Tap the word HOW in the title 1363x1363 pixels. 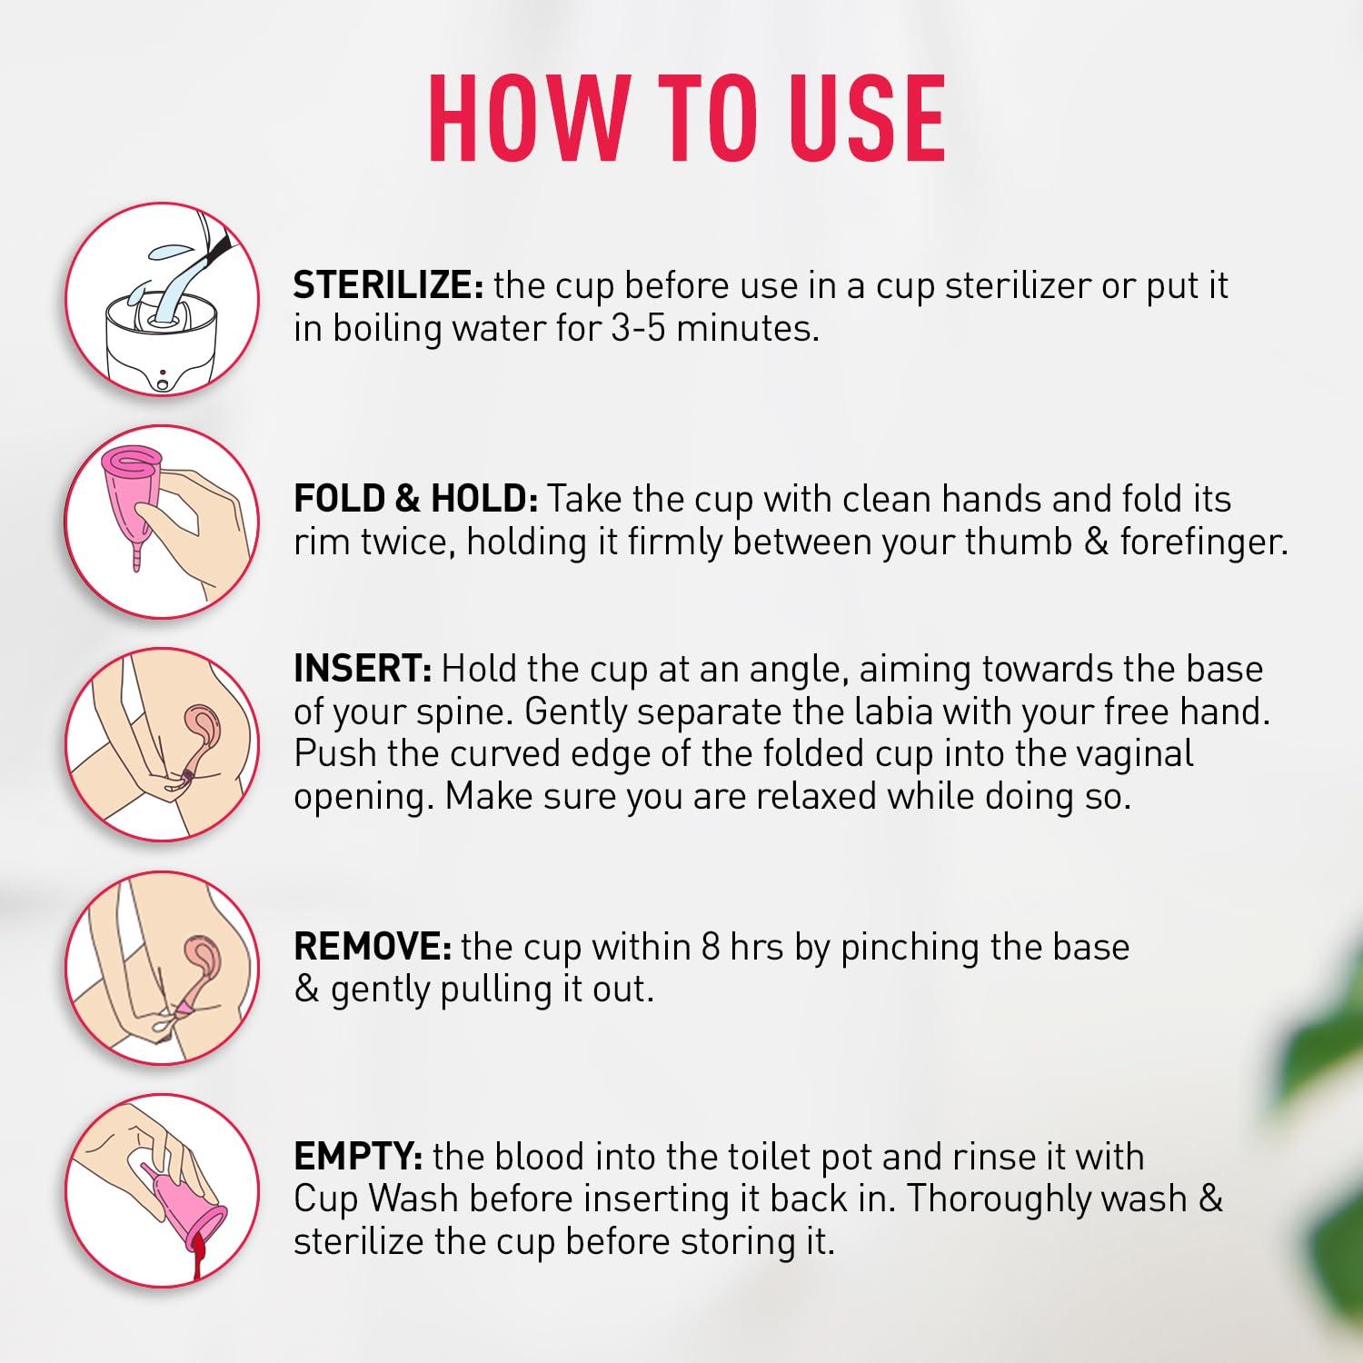pyautogui.click(x=522, y=118)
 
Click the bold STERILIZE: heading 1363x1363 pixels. pyautogui.click(x=388, y=285)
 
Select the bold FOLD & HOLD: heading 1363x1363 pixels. pyautogui.click(x=416, y=499)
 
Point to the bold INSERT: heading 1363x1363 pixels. pyautogui.click(x=362, y=669)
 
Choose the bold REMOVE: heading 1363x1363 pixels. pyautogui.click(x=373, y=947)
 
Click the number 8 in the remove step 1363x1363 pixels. pyautogui.click(x=711, y=947)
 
